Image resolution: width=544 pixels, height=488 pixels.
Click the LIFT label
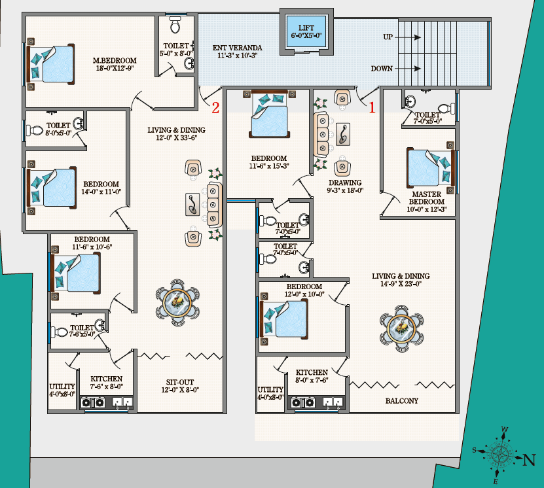(306, 27)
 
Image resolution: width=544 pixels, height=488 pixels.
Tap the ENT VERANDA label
(238, 48)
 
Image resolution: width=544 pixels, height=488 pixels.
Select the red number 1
(372, 108)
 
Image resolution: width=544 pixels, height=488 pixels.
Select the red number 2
(215, 108)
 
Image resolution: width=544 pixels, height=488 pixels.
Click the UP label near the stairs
(388, 37)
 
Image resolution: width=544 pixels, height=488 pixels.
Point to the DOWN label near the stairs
(382, 69)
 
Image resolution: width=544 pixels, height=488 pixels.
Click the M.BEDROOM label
(115, 60)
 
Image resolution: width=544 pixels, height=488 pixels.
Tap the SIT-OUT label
(180, 382)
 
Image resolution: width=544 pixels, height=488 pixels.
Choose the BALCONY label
(402, 400)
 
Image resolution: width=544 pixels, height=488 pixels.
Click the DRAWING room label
(345, 183)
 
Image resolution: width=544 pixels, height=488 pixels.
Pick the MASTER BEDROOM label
(427, 198)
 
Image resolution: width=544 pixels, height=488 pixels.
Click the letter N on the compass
(529, 460)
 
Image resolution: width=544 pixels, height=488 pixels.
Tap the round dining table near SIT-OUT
(177, 303)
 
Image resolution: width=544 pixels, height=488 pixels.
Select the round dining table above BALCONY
(402, 328)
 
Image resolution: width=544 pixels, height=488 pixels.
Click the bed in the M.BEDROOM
(51, 65)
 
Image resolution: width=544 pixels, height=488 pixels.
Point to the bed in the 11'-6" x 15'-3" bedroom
(269, 114)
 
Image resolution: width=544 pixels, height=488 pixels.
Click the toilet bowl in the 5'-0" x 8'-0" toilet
(175, 26)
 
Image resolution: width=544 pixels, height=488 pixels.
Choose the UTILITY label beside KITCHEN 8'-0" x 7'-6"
(270, 390)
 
